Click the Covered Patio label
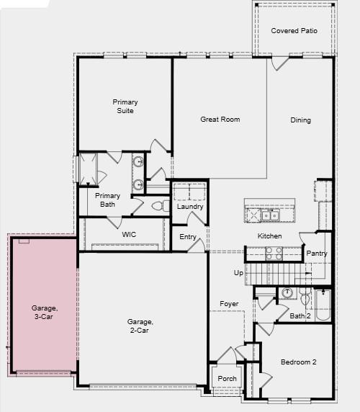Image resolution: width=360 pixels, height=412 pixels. (294, 31)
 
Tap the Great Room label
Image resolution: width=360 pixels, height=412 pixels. (220, 120)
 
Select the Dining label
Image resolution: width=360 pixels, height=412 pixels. (301, 120)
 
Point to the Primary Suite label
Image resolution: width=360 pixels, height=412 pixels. (125, 107)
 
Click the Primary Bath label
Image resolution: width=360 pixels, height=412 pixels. (108, 200)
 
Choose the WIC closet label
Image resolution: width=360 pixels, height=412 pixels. (129, 235)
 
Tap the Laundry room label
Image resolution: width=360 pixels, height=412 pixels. (190, 207)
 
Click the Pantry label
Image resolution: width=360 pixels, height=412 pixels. (317, 254)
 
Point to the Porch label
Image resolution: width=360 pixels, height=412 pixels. (228, 379)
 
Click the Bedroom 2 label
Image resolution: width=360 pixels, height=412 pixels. (298, 362)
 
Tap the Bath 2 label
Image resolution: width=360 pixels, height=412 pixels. (300, 315)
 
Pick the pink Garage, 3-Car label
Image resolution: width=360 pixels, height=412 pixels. (45, 313)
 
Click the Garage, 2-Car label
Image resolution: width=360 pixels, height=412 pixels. (140, 326)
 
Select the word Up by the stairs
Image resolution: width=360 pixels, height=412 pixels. (238, 273)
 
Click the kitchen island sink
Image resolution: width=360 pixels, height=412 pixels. (270, 215)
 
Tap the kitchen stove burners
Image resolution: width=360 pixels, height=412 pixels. (274, 253)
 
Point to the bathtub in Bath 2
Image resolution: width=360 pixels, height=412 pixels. (323, 304)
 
